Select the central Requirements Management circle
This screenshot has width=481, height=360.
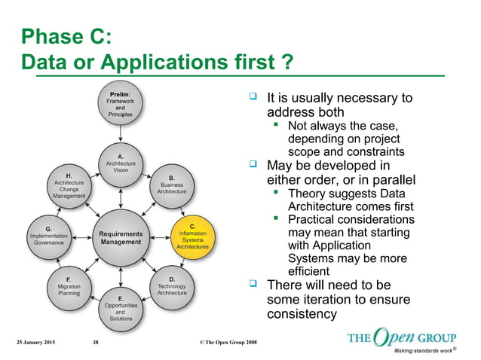point(121,237)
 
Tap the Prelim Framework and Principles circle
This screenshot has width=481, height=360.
point(121,105)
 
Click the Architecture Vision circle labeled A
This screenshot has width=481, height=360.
point(121,163)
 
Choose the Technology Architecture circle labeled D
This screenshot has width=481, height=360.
point(172,287)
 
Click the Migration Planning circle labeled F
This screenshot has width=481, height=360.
point(69,287)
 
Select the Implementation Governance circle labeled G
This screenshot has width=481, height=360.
point(48,236)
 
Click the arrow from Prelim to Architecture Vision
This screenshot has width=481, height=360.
point(121,136)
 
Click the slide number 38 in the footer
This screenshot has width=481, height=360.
point(95,343)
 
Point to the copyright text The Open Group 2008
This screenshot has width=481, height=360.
point(228,343)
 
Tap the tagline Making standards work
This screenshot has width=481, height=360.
point(426,350)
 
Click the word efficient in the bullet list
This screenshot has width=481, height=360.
point(308,271)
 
